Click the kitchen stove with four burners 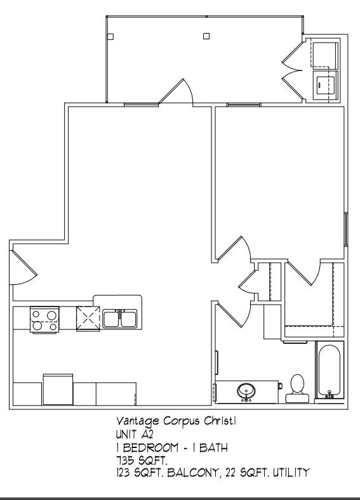(45, 319)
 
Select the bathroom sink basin (246, 392)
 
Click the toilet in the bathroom (296, 388)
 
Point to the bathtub (330, 371)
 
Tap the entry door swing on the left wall (23, 268)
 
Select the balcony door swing (176, 92)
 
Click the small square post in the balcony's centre (206, 36)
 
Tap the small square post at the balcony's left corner (110, 37)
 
